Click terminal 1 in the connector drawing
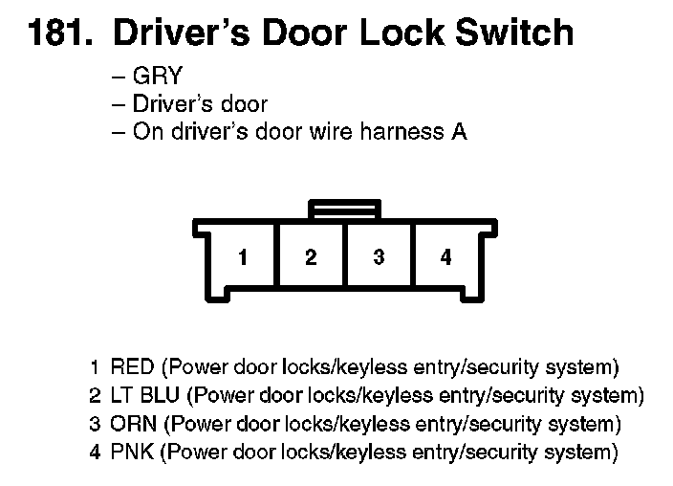(x=244, y=257)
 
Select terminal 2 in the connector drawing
(x=311, y=257)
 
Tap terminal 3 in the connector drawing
(x=379, y=257)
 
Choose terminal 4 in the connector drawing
(x=445, y=257)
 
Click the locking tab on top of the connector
(x=344, y=208)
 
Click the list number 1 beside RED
(x=95, y=367)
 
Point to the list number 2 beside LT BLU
(x=94, y=395)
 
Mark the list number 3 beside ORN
(x=94, y=423)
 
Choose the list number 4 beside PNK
(x=94, y=452)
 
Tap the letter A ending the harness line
(x=459, y=132)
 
